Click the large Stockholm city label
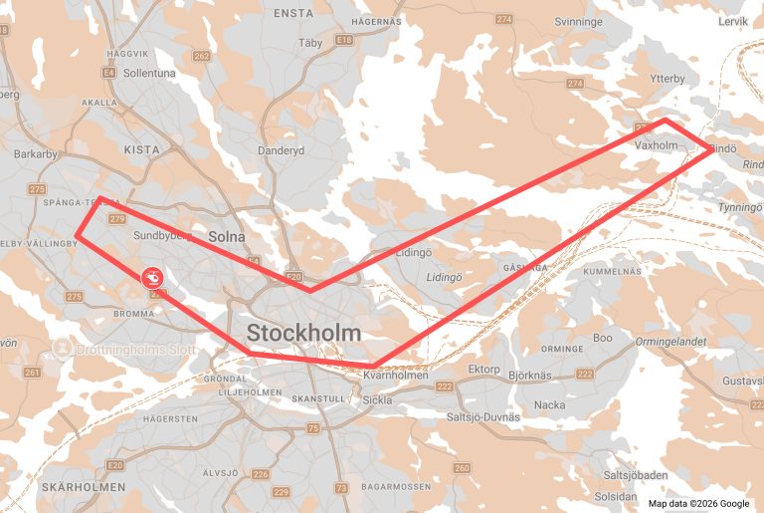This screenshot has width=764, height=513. pyautogui.click(x=304, y=333)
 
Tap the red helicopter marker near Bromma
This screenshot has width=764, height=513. pyautogui.click(x=153, y=279)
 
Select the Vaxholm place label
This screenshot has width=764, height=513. pyautogui.click(x=656, y=145)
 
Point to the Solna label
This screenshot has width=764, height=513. pyautogui.click(x=227, y=236)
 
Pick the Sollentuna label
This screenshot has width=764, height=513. pyautogui.click(x=148, y=74)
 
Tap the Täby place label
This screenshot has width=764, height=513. pyautogui.click(x=311, y=43)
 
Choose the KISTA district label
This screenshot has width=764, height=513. pyautogui.click(x=141, y=148)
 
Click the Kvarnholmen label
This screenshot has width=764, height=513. pyautogui.click(x=396, y=376)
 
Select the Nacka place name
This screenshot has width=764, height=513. pyautogui.click(x=549, y=405)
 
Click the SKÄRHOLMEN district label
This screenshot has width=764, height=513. pyautogui.click(x=85, y=487)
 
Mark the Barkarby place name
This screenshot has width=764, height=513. pyautogui.click(x=36, y=154)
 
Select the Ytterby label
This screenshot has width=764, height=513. pyautogui.click(x=667, y=78)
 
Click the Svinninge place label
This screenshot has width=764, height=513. pyautogui.click(x=578, y=21)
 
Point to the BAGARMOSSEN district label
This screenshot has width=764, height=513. pyautogui.click(x=396, y=487)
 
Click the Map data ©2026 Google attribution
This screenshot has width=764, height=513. pyautogui.click(x=700, y=503)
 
